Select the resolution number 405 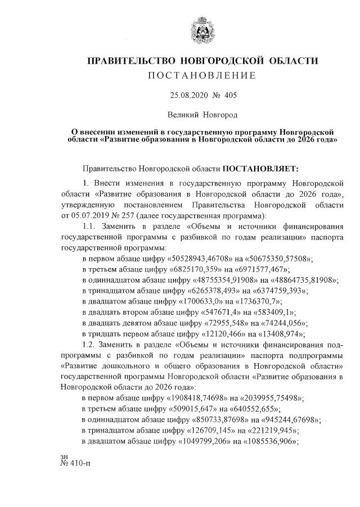(231, 95)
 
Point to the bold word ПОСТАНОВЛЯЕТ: (262, 168)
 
